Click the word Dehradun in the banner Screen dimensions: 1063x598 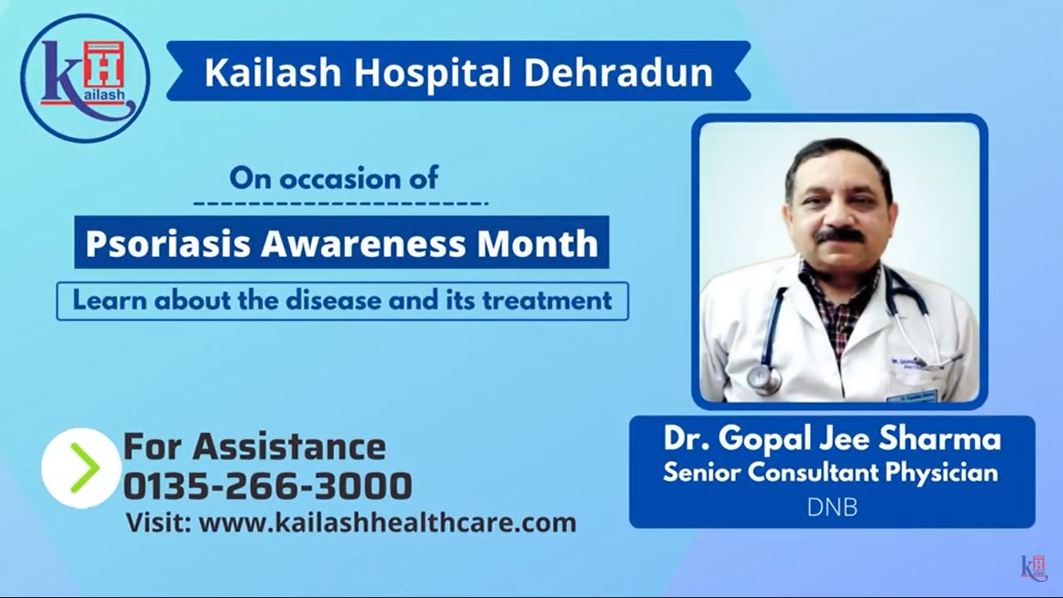point(618,72)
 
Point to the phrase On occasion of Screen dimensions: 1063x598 point(334,179)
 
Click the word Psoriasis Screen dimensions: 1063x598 point(168,244)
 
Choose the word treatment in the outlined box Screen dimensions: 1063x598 point(547,301)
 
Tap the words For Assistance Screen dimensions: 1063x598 point(254,447)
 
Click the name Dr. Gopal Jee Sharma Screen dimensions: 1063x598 point(832,439)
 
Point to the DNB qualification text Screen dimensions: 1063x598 point(832,508)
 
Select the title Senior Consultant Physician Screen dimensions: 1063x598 point(830,472)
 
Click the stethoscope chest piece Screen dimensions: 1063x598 point(763,379)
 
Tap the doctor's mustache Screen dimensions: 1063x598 point(841,235)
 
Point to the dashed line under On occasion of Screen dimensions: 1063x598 point(341,203)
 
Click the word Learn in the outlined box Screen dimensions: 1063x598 point(110,301)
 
